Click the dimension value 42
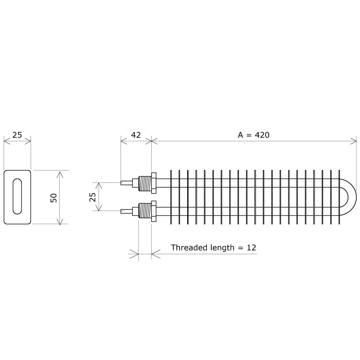click(135, 135)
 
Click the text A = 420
click(253, 135)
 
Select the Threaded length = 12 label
click(214, 247)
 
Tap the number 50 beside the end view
click(54, 197)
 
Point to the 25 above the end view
click(17, 135)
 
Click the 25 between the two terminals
click(93, 197)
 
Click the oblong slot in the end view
click(17, 197)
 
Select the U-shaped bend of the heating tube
click(350, 197)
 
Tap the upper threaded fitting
click(145, 183)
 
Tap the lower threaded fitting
click(145, 210)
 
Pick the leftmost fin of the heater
click(171, 197)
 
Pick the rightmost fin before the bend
click(340, 197)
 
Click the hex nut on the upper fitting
click(154, 183)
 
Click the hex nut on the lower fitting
click(154, 210)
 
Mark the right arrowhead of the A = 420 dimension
click(354, 141)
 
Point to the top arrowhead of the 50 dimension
click(59, 173)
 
